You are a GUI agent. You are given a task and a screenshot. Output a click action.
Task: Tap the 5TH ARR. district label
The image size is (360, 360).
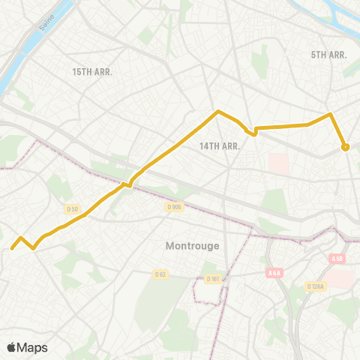click(x=328, y=55)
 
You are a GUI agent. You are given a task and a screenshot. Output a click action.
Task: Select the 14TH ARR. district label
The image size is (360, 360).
click(x=219, y=146)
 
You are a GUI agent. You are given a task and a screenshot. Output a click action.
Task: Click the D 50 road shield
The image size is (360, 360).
click(x=73, y=208)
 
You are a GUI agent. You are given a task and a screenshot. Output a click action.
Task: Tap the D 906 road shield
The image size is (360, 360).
click(x=174, y=207)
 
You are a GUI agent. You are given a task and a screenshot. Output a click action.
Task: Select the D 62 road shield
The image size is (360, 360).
click(x=160, y=274)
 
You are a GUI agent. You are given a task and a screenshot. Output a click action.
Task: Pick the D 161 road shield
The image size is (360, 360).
click(x=213, y=279)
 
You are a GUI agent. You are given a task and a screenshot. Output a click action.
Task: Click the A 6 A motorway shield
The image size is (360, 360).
click(x=273, y=274)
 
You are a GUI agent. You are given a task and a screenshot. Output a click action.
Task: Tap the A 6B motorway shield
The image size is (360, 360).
click(x=337, y=259)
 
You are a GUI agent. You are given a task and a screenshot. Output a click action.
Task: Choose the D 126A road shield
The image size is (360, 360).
click(x=315, y=286)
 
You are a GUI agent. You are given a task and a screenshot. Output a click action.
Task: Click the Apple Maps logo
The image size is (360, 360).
click(x=27, y=347)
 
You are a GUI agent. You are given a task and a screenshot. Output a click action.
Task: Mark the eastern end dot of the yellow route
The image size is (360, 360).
click(x=345, y=147)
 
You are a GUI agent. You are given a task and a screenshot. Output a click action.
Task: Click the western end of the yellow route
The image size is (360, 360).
click(x=12, y=248)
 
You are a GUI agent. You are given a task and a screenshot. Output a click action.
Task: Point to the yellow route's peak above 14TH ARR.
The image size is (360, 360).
click(x=217, y=112)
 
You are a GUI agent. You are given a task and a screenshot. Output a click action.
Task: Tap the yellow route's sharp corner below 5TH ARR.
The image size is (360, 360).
click(x=330, y=114)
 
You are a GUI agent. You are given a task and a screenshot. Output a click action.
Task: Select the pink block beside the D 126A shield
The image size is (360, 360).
click(x=339, y=277)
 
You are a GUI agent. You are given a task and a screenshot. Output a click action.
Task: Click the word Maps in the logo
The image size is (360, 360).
click(x=32, y=347)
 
